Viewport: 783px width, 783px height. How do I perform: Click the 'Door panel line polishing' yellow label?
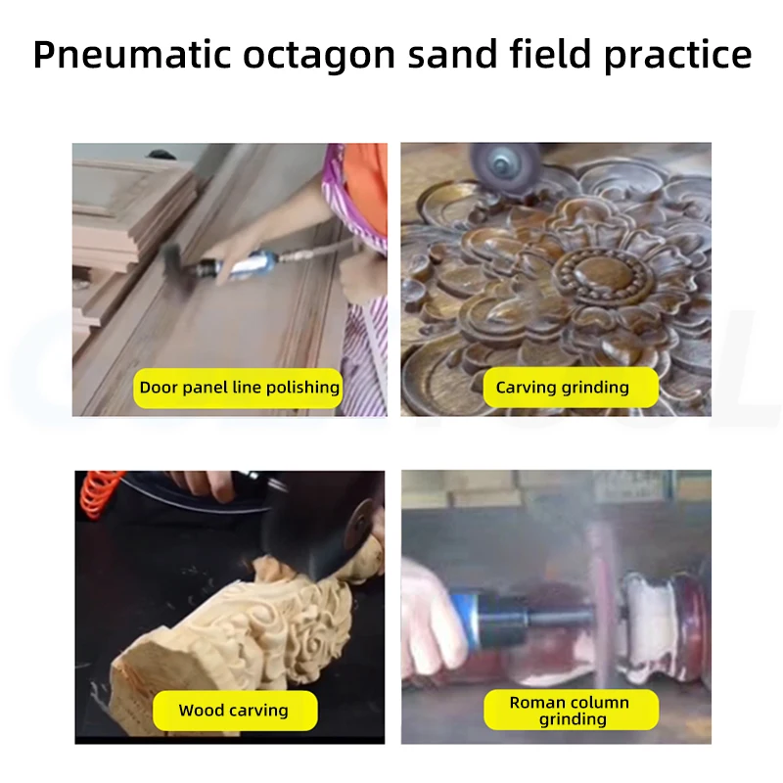click(x=239, y=388)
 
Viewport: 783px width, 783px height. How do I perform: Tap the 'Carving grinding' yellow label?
click(x=562, y=388)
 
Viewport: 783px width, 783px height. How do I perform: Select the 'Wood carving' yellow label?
click(x=233, y=711)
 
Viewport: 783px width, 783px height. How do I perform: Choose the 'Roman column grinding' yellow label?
click(x=570, y=711)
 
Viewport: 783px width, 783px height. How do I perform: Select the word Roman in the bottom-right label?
click(x=538, y=703)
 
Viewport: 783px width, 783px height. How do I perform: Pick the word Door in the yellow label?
click(x=159, y=388)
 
